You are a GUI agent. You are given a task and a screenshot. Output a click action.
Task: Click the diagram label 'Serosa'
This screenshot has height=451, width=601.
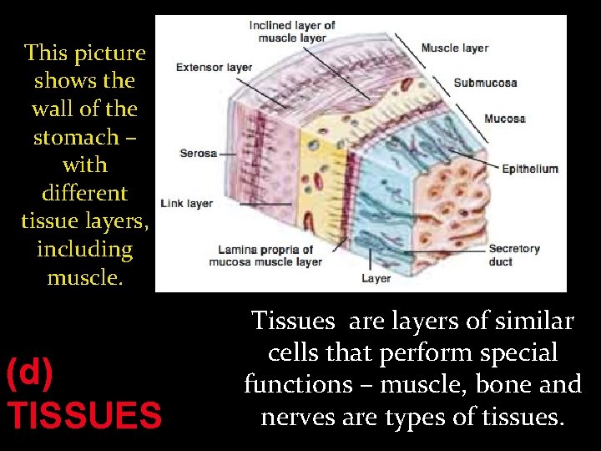pos(198,154)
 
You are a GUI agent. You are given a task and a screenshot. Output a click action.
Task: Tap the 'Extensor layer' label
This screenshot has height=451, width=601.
pos(215,68)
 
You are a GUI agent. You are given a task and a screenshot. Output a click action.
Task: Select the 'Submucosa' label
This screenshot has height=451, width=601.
pos(485,83)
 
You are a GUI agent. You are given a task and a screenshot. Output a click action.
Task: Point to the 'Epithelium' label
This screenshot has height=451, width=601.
pos(529,169)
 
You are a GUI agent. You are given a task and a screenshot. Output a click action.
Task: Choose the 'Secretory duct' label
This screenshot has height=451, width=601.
pos(514,255)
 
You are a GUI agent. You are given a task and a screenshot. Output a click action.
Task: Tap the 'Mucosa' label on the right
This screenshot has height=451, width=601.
pos(504,119)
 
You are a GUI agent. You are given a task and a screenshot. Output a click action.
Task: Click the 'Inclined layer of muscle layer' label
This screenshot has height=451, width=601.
pos(292,32)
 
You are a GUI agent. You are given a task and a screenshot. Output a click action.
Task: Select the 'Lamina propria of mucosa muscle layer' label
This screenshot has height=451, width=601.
pos(270,256)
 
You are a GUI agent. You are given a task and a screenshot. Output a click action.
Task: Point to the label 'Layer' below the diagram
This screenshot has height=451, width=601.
pos(376,278)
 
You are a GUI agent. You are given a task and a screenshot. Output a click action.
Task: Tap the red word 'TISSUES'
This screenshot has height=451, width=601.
pos(83,414)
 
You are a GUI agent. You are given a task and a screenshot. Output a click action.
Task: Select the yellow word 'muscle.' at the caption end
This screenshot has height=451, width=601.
pos(84,277)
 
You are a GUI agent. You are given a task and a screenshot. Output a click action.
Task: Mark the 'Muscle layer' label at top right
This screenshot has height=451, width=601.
pos(456,48)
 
